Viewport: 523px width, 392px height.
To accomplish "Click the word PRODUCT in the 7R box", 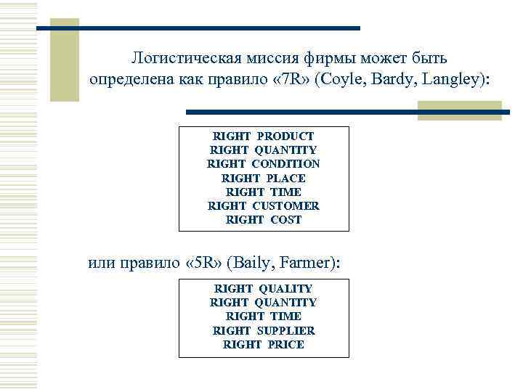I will click(x=285, y=136).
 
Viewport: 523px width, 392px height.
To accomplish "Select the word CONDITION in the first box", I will click(x=285, y=164).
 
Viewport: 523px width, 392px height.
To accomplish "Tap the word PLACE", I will click(x=285, y=178).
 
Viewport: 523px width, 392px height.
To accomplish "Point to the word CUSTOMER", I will click(x=285, y=205).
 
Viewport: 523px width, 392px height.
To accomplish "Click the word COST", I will click(x=285, y=219).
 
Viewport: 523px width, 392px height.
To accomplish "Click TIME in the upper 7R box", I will click(x=285, y=192).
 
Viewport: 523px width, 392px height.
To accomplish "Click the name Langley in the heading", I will click(x=455, y=78).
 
